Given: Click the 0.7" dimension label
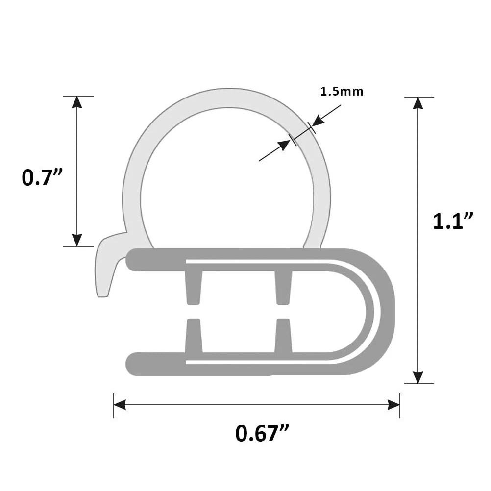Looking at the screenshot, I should click(x=44, y=177).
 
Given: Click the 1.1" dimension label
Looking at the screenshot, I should click(x=453, y=221).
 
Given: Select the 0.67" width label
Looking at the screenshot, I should click(x=262, y=433).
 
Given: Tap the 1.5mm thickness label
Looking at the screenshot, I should click(x=342, y=91).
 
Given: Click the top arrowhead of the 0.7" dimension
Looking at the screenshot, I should click(x=76, y=102).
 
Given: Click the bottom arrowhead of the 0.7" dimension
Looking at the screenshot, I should click(x=76, y=240).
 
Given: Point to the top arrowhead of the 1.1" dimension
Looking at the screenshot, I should click(x=417, y=103).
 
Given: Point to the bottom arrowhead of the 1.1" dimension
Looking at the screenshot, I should click(x=417, y=377).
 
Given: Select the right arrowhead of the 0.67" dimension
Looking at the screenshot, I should click(x=393, y=405).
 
